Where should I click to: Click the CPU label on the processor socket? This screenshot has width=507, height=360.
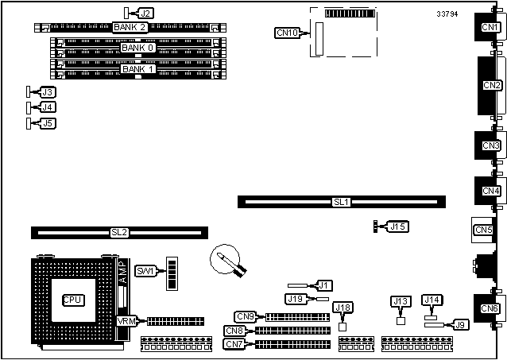coord(73,301)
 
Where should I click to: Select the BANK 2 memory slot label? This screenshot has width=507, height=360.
coord(130,27)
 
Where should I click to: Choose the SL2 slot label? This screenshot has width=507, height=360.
coord(119,233)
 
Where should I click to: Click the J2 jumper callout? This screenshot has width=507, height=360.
coord(145,14)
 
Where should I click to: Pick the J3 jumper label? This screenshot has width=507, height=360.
coord(47,93)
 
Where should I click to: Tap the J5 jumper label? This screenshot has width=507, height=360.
coord(47,123)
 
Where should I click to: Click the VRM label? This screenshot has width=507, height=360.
coord(127,321)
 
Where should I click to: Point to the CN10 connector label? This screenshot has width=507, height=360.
coord(287,33)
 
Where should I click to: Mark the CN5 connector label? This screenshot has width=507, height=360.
coord(483,230)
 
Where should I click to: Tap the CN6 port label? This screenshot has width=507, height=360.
coord(490,308)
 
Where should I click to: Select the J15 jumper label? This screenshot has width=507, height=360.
coord(398,227)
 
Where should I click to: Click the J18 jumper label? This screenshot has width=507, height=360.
coord(343,308)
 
